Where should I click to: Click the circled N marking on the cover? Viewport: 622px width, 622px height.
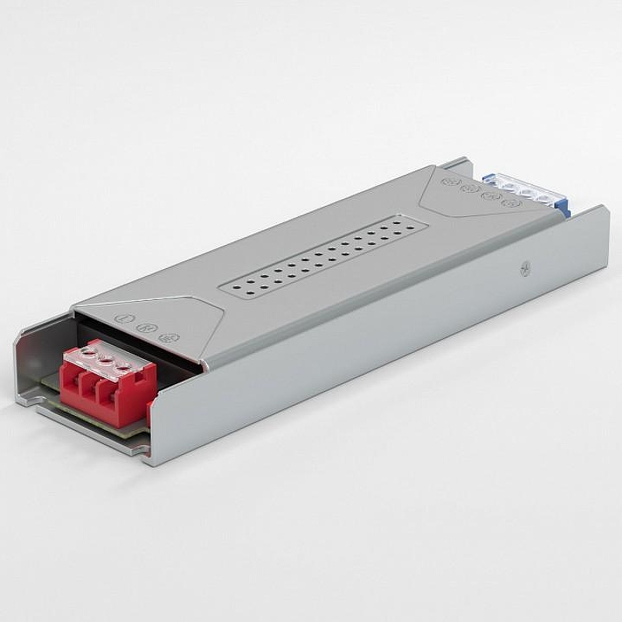click(x=143, y=327)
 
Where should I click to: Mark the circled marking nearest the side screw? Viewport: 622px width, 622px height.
click(x=510, y=204)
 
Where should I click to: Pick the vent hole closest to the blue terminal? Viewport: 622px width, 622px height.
click(x=404, y=222)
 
